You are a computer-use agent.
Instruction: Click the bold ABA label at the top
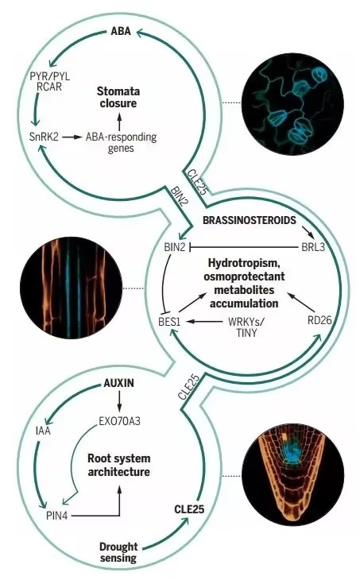(121, 31)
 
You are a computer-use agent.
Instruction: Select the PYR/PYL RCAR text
(49, 82)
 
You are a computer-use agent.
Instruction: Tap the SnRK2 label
(44, 137)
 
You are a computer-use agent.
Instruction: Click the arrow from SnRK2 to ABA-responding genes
(72, 137)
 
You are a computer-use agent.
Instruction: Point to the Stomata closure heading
(118, 97)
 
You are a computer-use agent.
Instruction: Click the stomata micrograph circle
(292, 104)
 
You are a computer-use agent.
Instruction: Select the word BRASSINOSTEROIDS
(250, 220)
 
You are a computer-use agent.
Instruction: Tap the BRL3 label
(313, 247)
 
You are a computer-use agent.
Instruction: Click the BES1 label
(169, 321)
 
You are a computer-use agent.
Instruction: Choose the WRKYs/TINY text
(246, 327)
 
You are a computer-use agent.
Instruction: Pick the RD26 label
(319, 320)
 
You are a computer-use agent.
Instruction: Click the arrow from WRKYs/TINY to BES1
(204, 321)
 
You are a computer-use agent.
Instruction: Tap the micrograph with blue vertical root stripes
(71, 288)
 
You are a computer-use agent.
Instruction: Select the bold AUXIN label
(118, 383)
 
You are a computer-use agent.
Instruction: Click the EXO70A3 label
(119, 421)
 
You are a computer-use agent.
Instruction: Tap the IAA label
(43, 431)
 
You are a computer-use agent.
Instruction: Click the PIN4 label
(56, 516)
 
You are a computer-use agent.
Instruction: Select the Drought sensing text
(118, 552)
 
